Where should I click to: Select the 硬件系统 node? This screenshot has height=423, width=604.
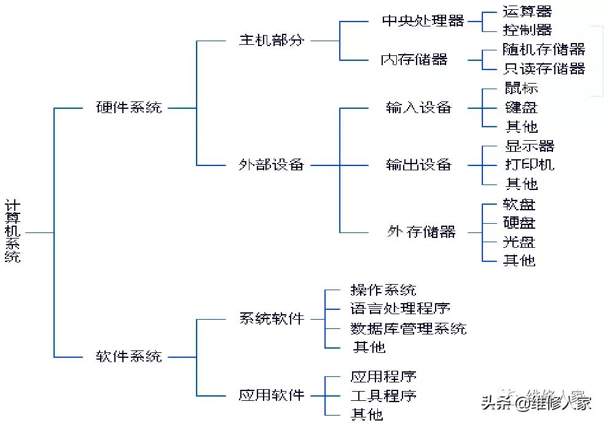(129, 108)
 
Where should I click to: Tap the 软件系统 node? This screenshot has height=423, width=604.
(129, 356)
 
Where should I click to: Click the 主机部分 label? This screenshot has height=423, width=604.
(271, 41)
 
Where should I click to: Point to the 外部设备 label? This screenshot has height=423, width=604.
(271, 165)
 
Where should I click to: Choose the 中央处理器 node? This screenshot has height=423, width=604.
(423, 21)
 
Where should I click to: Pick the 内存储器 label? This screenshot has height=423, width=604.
(414, 60)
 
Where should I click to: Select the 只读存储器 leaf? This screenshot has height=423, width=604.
(544, 68)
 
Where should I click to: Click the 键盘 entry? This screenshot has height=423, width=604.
(521, 107)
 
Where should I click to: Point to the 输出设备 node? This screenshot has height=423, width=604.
(418, 165)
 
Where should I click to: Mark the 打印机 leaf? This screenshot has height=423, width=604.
(529, 165)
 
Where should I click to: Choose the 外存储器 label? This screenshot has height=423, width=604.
(422, 232)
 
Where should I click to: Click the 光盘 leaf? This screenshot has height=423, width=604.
(519, 242)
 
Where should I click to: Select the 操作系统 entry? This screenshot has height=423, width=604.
(383, 290)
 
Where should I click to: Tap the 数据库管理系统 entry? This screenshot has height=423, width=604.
(408, 328)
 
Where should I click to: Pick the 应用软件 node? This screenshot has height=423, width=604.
(271, 395)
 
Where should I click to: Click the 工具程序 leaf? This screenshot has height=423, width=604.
(383, 395)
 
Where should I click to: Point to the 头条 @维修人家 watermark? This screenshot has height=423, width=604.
(536, 403)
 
